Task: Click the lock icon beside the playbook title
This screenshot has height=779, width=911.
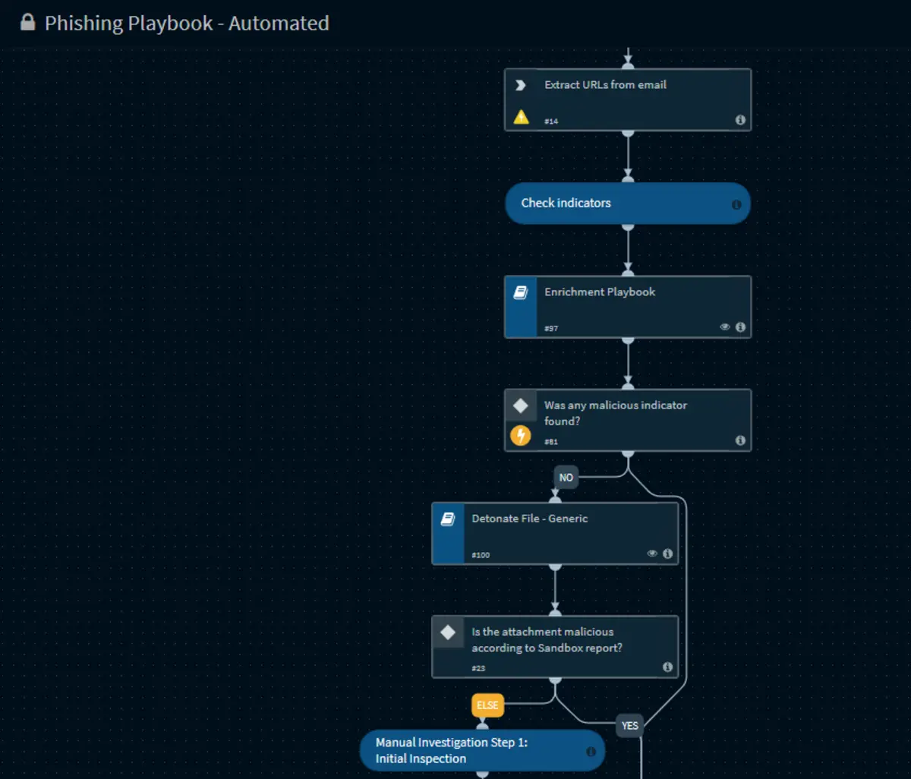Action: pyautogui.click(x=28, y=22)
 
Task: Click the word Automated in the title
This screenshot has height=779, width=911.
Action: pyautogui.click(x=279, y=24)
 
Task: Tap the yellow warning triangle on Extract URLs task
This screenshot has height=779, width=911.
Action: pyautogui.click(x=521, y=117)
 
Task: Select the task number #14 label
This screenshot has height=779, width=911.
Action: pyautogui.click(x=551, y=121)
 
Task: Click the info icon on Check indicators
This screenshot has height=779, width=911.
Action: pyautogui.click(x=736, y=204)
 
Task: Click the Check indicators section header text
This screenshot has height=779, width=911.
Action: pyautogui.click(x=566, y=203)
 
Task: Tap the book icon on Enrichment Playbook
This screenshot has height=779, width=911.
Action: pyautogui.click(x=521, y=292)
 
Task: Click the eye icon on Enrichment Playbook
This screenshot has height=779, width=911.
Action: pyautogui.click(x=724, y=326)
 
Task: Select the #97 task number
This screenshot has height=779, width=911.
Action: pyautogui.click(x=551, y=329)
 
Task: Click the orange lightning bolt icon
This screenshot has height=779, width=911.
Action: pyautogui.click(x=521, y=436)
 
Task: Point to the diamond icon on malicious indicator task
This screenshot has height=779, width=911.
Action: pyautogui.click(x=521, y=405)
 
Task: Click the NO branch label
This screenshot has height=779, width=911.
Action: pyautogui.click(x=566, y=478)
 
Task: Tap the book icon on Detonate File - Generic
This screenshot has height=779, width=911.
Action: pyautogui.click(x=448, y=519)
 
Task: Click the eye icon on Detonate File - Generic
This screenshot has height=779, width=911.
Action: pyautogui.click(x=652, y=553)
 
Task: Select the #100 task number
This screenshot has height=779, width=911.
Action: pyautogui.click(x=481, y=555)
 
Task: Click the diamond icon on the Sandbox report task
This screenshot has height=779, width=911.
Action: pyautogui.click(x=448, y=632)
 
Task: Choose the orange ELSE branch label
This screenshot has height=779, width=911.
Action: pyautogui.click(x=487, y=705)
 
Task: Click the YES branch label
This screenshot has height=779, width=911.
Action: pyautogui.click(x=629, y=726)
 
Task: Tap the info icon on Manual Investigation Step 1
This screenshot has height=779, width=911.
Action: pyautogui.click(x=591, y=752)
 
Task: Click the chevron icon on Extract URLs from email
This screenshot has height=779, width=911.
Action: pyautogui.click(x=521, y=85)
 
